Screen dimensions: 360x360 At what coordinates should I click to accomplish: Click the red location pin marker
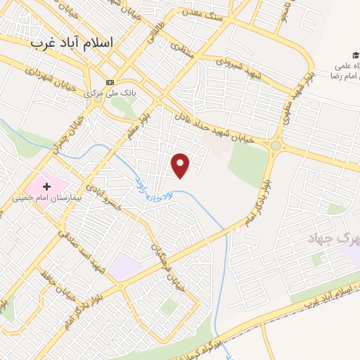pyautogui.click(x=181, y=165)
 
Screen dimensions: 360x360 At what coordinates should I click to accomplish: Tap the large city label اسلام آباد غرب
pyautogui.click(x=72, y=42)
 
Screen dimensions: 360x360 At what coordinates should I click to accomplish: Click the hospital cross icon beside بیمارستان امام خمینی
pyautogui.click(x=47, y=186)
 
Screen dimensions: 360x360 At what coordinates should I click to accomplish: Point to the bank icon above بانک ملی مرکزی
pyautogui.click(x=110, y=82)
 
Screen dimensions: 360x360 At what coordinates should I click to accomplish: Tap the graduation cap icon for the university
pyautogui.click(x=356, y=56)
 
